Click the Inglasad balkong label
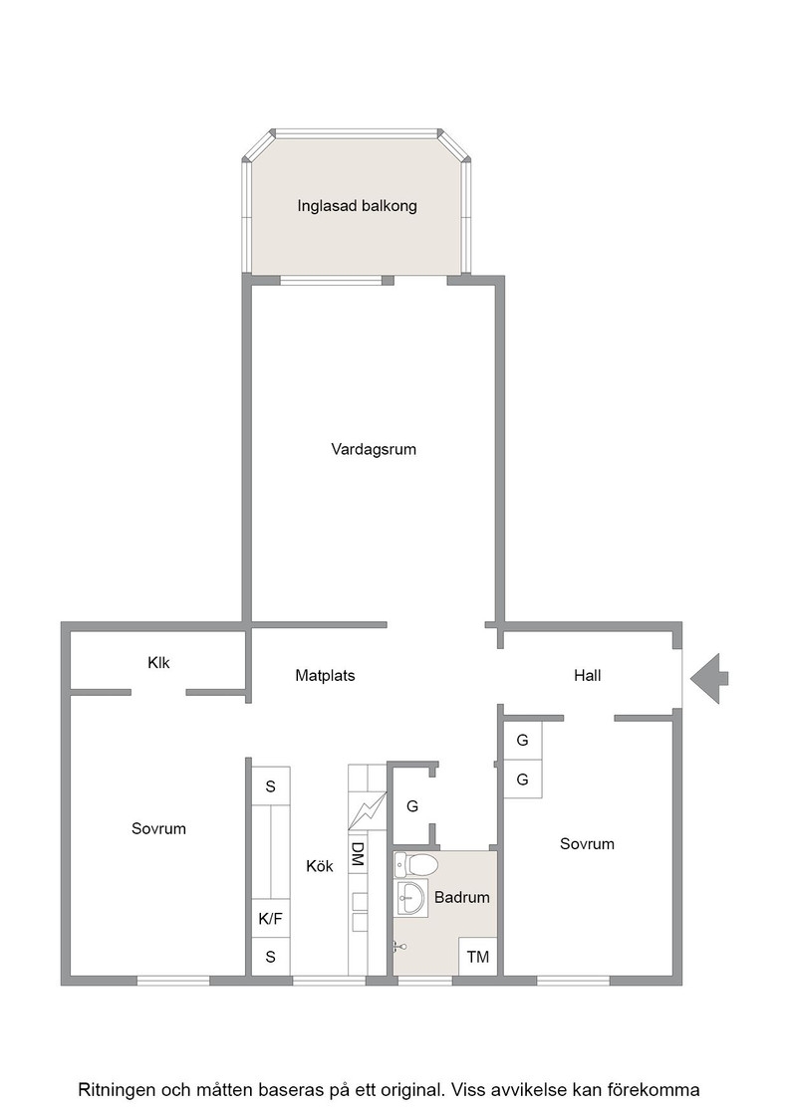pos(357,206)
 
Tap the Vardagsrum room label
pos(374,449)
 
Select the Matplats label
pos(325,675)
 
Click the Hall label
pos(588,675)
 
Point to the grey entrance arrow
pos(708,678)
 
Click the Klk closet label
pos(158,662)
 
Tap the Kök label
pos(320,866)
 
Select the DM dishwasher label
pos(358,854)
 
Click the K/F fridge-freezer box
pos(270,919)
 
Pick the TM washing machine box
pos(478,957)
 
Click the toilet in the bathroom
pos(416,865)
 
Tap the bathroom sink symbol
pos(409,898)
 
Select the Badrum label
pos(461,897)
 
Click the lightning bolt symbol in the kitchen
pos(367,810)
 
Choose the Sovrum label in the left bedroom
pos(158,828)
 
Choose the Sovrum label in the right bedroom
pos(587,844)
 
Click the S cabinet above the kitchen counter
pos(270,786)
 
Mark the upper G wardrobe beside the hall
pos(523,741)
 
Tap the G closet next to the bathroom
pos(411,806)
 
